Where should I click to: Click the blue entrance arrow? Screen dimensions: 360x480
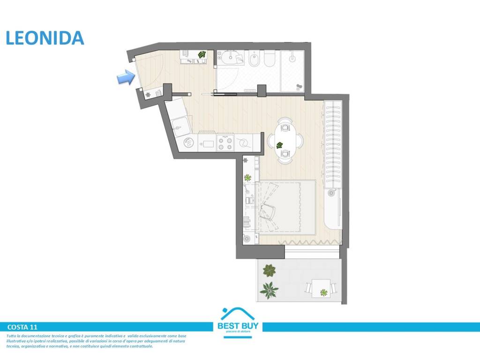click(x=125, y=78)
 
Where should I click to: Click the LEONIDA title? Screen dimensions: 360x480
click(x=45, y=38)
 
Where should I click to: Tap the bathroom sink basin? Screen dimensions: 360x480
click(x=230, y=58)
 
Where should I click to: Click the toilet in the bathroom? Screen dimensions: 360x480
click(x=270, y=60)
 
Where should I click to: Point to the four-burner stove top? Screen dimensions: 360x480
click(x=226, y=142)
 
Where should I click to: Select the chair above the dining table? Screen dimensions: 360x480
click(x=285, y=126)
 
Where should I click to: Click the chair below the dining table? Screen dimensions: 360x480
click(x=285, y=154)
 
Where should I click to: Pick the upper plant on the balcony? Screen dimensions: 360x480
click(x=269, y=270)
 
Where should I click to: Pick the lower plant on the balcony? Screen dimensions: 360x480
click(x=269, y=291)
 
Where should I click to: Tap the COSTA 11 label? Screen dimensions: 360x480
click(x=22, y=327)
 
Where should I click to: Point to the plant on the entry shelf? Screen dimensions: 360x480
click(x=202, y=55)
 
